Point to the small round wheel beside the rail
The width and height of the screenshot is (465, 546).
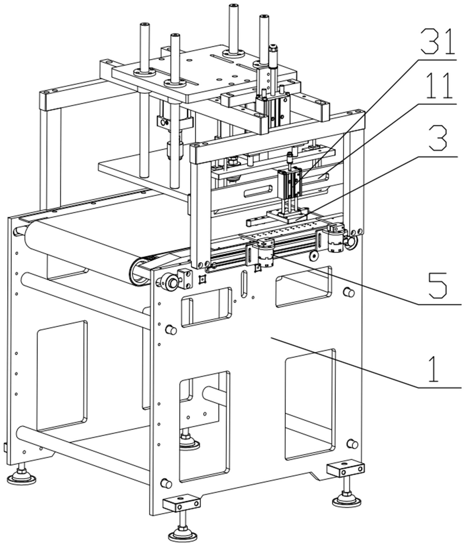pyautogui.click(x=314, y=256)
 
